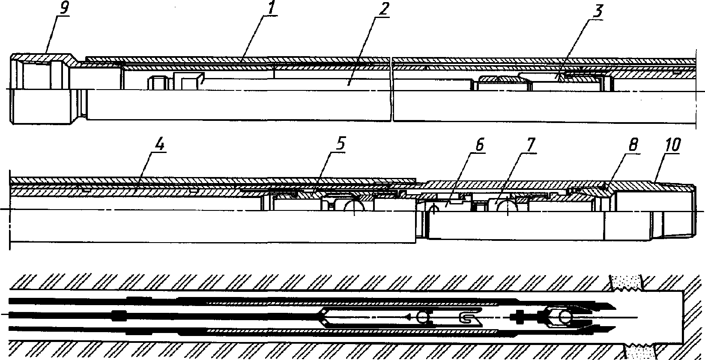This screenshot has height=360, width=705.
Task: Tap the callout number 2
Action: point(383,9)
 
